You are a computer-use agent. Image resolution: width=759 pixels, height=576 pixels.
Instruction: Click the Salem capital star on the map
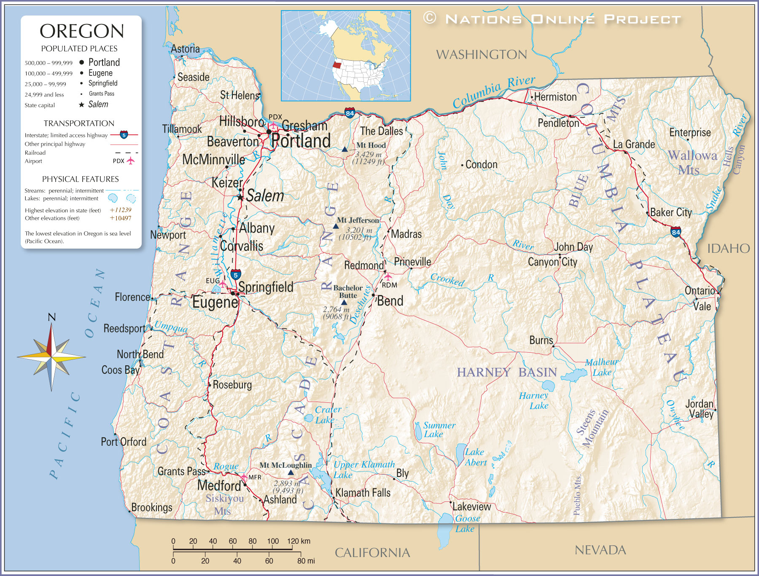240,197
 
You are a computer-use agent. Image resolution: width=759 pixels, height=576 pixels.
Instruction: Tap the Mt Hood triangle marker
345,149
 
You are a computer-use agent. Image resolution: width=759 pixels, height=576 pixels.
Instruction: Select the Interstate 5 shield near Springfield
236,275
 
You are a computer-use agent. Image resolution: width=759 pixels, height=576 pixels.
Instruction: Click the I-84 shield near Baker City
676,232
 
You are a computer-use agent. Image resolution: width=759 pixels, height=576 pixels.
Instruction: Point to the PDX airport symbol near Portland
273,126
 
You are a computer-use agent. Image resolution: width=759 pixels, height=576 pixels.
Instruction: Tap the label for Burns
541,340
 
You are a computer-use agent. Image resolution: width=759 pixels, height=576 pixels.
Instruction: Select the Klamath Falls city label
363,493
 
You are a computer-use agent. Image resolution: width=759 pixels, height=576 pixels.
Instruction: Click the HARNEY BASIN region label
507,372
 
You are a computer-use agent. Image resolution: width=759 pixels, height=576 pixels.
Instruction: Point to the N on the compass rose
51,317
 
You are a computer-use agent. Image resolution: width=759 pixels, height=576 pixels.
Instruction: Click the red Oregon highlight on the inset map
336,65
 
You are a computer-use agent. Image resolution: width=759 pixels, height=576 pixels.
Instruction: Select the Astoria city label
185,49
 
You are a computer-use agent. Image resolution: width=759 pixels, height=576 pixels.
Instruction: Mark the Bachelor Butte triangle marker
344,303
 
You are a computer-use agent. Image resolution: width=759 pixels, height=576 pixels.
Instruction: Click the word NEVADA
600,550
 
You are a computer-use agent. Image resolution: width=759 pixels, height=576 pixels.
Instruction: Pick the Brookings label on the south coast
152,507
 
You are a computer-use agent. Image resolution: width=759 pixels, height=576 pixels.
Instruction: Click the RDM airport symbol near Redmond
388,276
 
